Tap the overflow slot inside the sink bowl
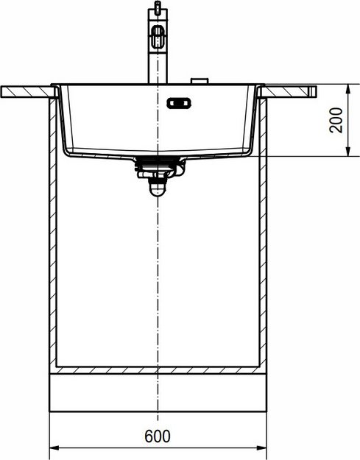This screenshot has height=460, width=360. tap(179, 104)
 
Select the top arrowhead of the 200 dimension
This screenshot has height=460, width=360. tap(347, 89)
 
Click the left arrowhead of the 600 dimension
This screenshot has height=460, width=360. tap(54, 447)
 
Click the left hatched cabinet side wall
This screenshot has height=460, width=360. tap(53, 236)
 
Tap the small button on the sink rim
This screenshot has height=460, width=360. tap(197, 81)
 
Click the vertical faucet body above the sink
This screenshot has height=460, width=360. tap(157, 66)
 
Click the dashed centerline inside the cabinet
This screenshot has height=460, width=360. tap(158, 280)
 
